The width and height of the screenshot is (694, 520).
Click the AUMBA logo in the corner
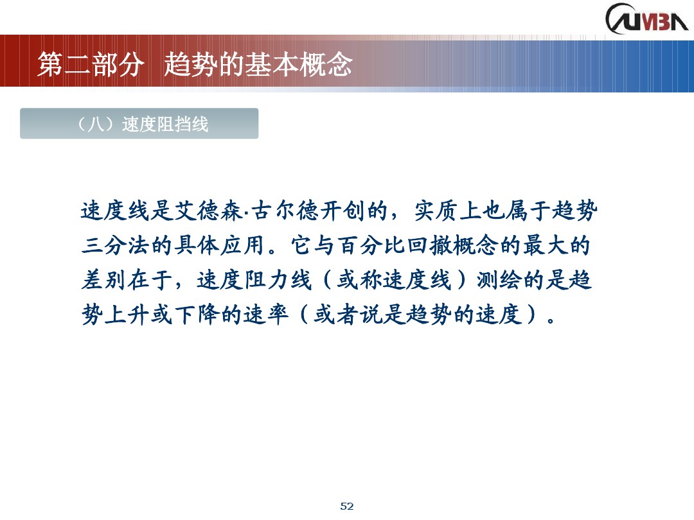646,18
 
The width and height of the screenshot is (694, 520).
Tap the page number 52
347,506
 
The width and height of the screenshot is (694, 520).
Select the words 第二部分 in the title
89,64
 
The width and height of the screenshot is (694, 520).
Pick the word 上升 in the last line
127,316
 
